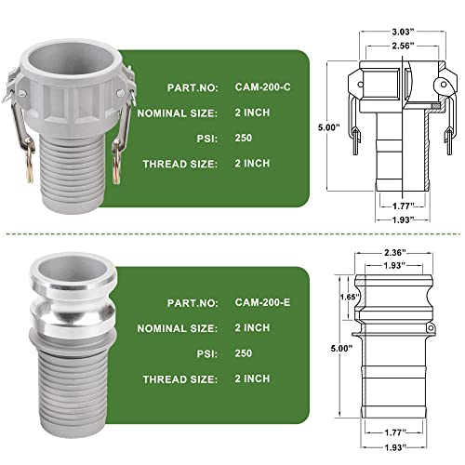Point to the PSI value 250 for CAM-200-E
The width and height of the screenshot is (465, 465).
click(244, 353)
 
